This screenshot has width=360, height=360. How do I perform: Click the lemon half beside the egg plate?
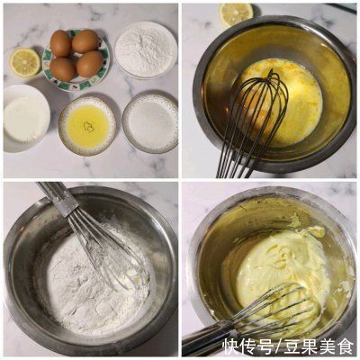pos(24,61)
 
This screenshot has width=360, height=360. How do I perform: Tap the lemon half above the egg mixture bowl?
pos(236,13)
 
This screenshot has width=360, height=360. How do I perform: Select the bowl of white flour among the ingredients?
pos(145,49)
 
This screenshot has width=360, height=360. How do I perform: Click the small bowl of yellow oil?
pos(87,125)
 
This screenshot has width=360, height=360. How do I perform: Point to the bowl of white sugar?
pos(149,121)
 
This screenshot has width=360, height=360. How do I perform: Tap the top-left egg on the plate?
pos(61,42)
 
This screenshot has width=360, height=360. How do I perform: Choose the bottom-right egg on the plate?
pos(90,64)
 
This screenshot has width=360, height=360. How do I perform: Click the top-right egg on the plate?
pos(85,40)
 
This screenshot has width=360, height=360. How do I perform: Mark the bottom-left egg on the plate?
pos(63,68)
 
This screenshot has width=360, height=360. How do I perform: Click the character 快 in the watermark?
pos(231,346)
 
